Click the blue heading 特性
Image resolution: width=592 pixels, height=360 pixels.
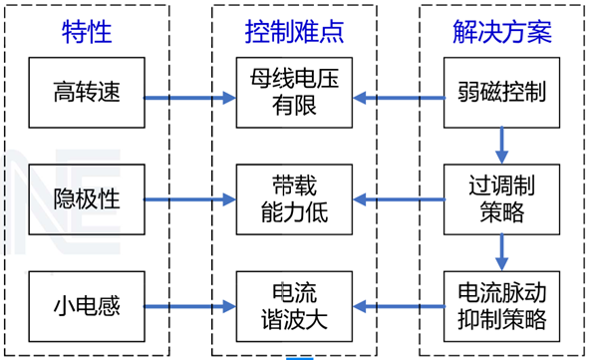pyautogui.click(x=87, y=32)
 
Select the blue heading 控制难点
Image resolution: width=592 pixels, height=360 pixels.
pyautogui.click(x=294, y=32)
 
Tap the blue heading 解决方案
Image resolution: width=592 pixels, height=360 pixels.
pyautogui.click(x=502, y=32)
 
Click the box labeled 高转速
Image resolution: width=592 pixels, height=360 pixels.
pyautogui.click(x=87, y=93)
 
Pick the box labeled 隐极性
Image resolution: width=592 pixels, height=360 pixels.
pyautogui.click(x=87, y=199)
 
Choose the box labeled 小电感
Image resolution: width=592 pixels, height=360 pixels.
pyautogui.click(x=87, y=306)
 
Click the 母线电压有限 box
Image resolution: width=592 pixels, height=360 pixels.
pyautogui.click(x=294, y=93)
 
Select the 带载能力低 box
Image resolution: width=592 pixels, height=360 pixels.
pyautogui.click(x=294, y=199)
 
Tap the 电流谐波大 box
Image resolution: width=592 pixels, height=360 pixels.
pyautogui.click(x=294, y=306)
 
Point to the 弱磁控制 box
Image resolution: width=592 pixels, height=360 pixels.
pyautogui.click(x=501, y=93)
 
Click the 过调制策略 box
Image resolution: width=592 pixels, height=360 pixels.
pyautogui.click(x=501, y=199)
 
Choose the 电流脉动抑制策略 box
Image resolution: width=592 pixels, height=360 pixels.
pyautogui.click(x=501, y=306)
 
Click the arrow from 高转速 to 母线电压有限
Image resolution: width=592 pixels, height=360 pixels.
pyautogui.click(x=190, y=98)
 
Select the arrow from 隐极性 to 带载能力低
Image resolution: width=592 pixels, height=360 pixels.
pyautogui.click(x=190, y=199)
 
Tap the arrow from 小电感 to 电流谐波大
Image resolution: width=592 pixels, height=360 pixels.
pyautogui.click(x=190, y=306)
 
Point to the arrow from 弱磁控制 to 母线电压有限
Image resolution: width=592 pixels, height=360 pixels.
pyautogui.click(x=399, y=98)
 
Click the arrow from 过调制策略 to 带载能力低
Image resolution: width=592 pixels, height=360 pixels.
pyautogui.click(x=399, y=199)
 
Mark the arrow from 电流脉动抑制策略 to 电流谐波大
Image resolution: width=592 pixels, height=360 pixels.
pyautogui.click(x=399, y=306)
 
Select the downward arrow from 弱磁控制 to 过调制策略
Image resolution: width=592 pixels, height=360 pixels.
pyautogui.click(x=501, y=146)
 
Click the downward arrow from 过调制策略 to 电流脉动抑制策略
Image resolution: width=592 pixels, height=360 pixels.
pyautogui.click(x=501, y=252)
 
